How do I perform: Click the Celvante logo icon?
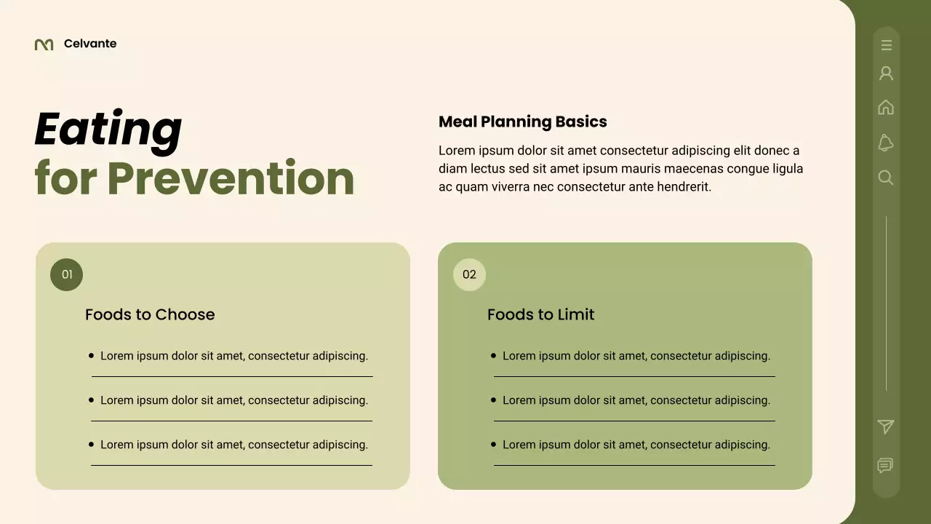[x=44, y=44]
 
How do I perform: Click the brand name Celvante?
[x=90, y=44]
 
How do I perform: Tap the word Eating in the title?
[x=108, y=130]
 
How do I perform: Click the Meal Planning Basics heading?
[x=522, y=122]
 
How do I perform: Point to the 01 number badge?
[x=67, y=274]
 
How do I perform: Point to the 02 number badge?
[x=469, y=274]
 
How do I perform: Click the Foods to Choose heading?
[x=150, y=314]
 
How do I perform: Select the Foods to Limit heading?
[x=540, y=314]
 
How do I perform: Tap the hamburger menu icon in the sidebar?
[x=886, y=45]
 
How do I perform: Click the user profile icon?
[x=886, y=74]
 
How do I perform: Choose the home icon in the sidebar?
[x=886, y=108]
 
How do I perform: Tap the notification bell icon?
[x=886, y=143]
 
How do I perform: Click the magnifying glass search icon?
[x=886, y=178]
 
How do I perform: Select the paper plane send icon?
[x=886, y=427]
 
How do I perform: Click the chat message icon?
[x=885, y=465]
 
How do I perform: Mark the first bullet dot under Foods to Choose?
[x=91, y=356]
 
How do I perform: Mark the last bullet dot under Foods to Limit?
[x=493, y=444]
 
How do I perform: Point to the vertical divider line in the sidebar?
[x=886, y=303]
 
